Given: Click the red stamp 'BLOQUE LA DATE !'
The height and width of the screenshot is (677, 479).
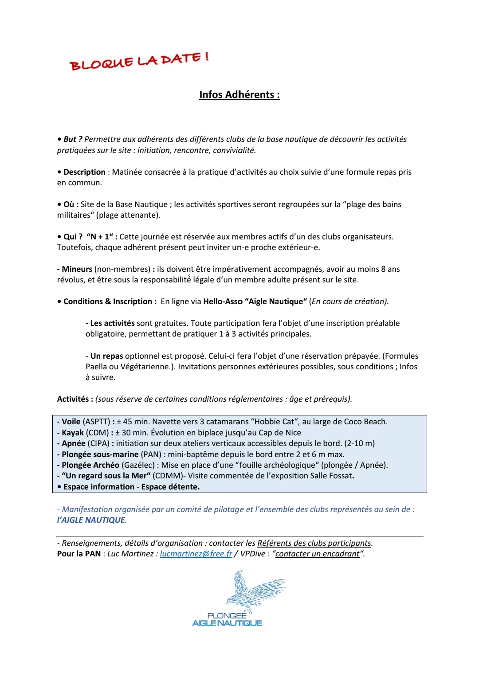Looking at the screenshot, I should point(139,61).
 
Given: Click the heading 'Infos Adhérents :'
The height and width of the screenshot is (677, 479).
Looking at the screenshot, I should point(239,95).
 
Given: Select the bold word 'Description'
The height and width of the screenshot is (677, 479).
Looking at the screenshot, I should point(84,172).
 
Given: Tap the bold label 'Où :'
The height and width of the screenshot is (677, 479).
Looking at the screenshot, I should point(71,204).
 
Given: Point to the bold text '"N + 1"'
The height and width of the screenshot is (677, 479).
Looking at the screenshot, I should point(100,237).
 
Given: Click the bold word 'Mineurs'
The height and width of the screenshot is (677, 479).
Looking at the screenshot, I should point(77,269).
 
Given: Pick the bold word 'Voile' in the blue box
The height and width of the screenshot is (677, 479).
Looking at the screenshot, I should point(71,422).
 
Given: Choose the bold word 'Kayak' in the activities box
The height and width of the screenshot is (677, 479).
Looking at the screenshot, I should point(73,433).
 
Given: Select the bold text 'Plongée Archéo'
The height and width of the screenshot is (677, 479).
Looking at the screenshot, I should point(90,465).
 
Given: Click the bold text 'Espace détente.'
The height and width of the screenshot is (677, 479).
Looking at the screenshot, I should point(170,487).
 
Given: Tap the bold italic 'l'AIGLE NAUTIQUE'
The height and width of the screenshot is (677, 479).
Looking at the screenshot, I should point(91,520).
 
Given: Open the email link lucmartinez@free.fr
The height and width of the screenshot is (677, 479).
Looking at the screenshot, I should point(196,554).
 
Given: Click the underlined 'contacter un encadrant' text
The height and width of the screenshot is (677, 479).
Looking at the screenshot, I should point(317,554).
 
